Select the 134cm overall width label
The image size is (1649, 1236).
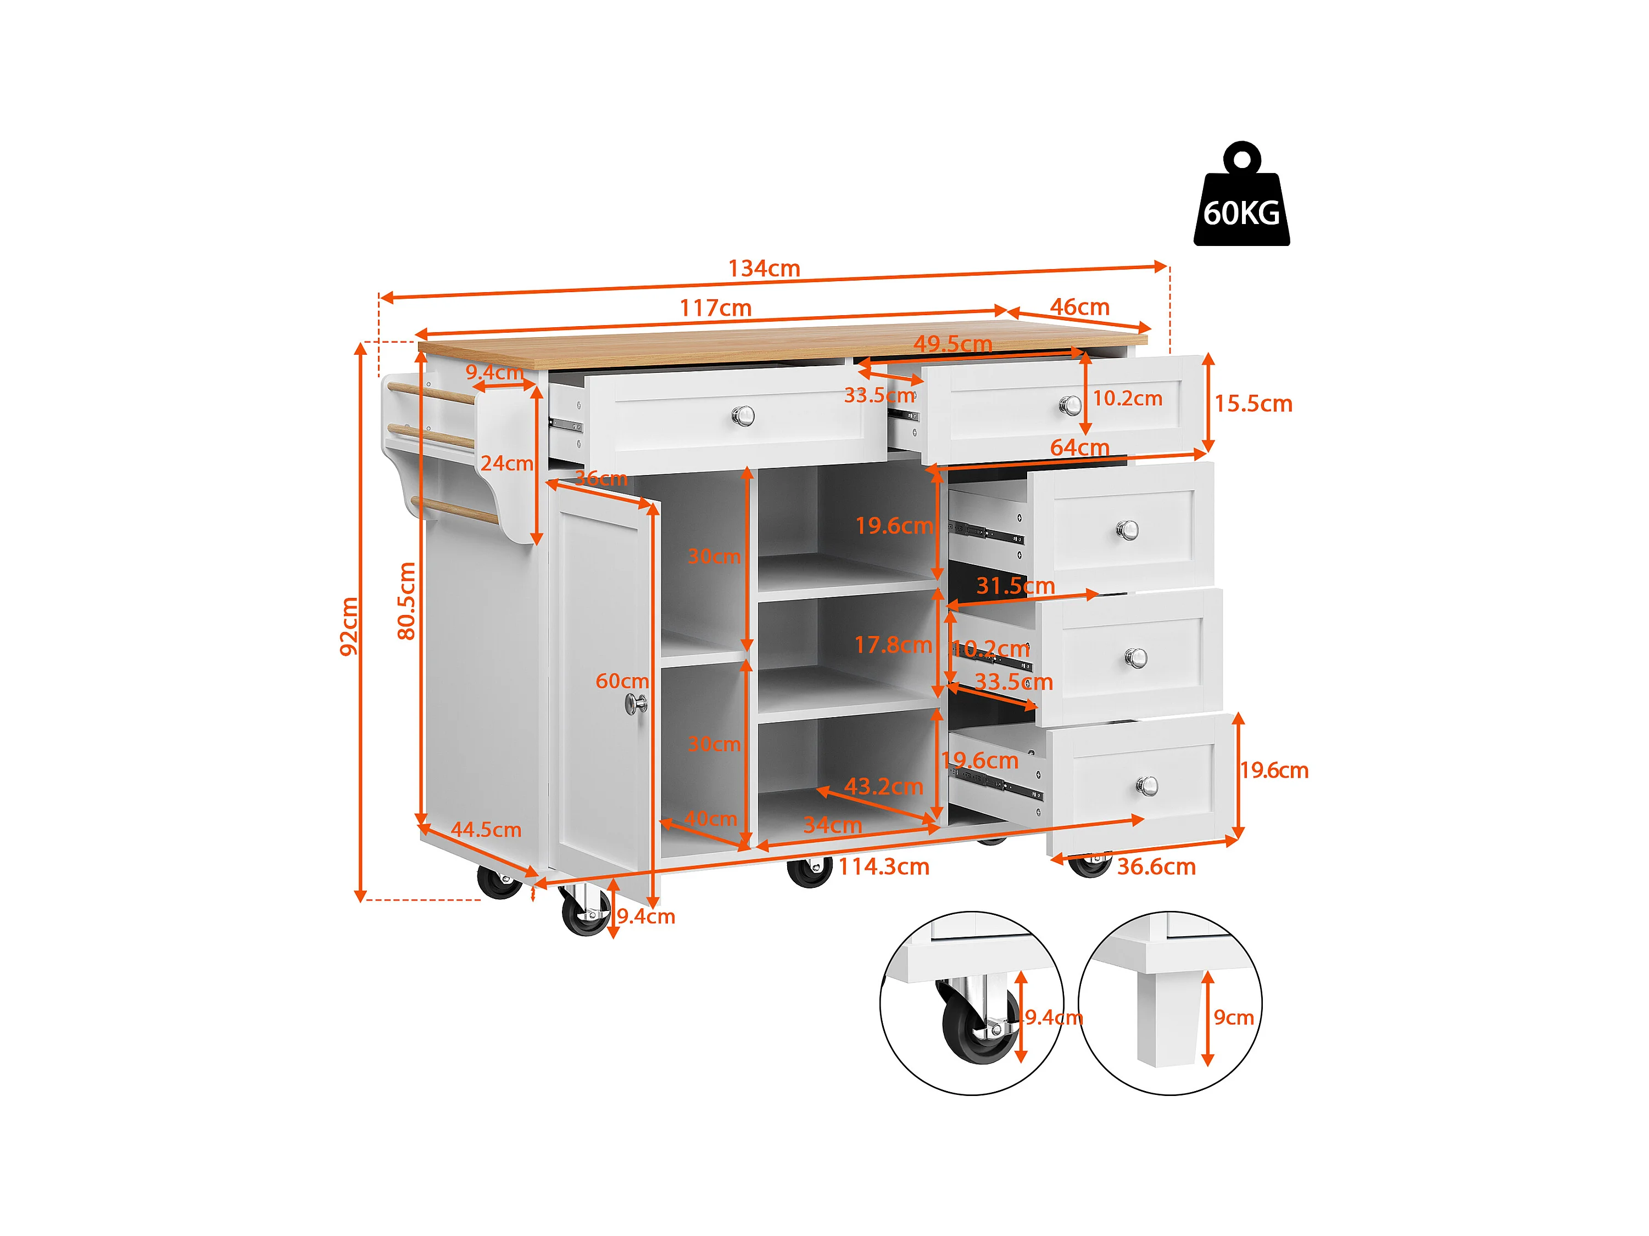click(x=764, y=268)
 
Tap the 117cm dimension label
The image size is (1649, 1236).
click(x=715, y=307)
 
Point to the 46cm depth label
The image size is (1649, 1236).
click(x=1079, y=306)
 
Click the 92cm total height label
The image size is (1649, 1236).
click(x=349, y=626)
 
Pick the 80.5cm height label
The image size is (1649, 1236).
click(x=406, y=601)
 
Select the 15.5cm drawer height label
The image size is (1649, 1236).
click(x=1253, y=404)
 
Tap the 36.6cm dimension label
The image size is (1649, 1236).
click(x=1156, y=866)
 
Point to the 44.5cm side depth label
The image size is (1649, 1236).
click(x=486, y=829)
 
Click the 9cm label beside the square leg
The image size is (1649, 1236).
click(x=1233, y=1017)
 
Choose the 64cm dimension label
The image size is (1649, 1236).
click(x=1079, y=447)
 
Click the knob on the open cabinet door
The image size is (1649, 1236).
click(x=636, y=703)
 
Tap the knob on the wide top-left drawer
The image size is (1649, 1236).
click(x=743, y=416)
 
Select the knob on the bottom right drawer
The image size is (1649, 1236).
click(x=1146, y=785)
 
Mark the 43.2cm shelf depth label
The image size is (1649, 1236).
click(x=883, y=786)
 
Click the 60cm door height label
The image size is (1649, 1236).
click(x=622, y=681)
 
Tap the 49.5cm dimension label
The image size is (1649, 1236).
click(x=952, y=344)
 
